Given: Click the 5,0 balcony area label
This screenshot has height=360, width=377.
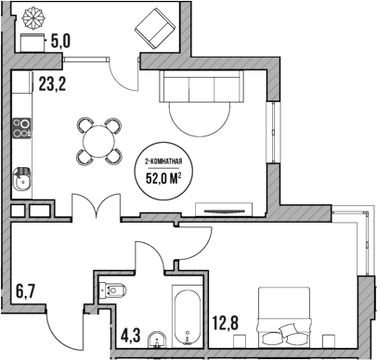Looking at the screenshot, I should [x=60, y=40].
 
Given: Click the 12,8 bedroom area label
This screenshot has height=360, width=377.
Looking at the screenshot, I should [x=227, y=324].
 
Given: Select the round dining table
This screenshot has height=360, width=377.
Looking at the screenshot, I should [x=99, y=140].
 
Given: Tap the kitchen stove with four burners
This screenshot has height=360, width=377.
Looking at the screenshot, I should [x=22, y=128].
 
